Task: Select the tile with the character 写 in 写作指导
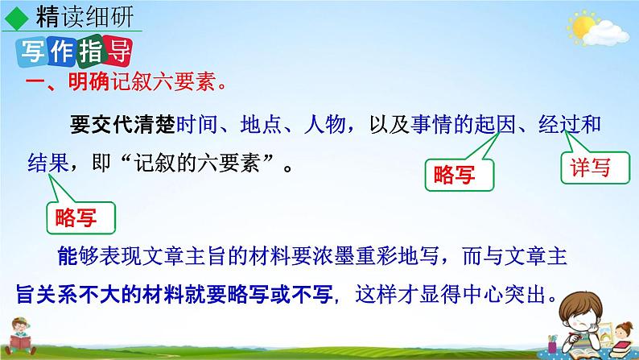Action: click(x=28, y=52)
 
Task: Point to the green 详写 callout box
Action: click(x=585, y=168)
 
